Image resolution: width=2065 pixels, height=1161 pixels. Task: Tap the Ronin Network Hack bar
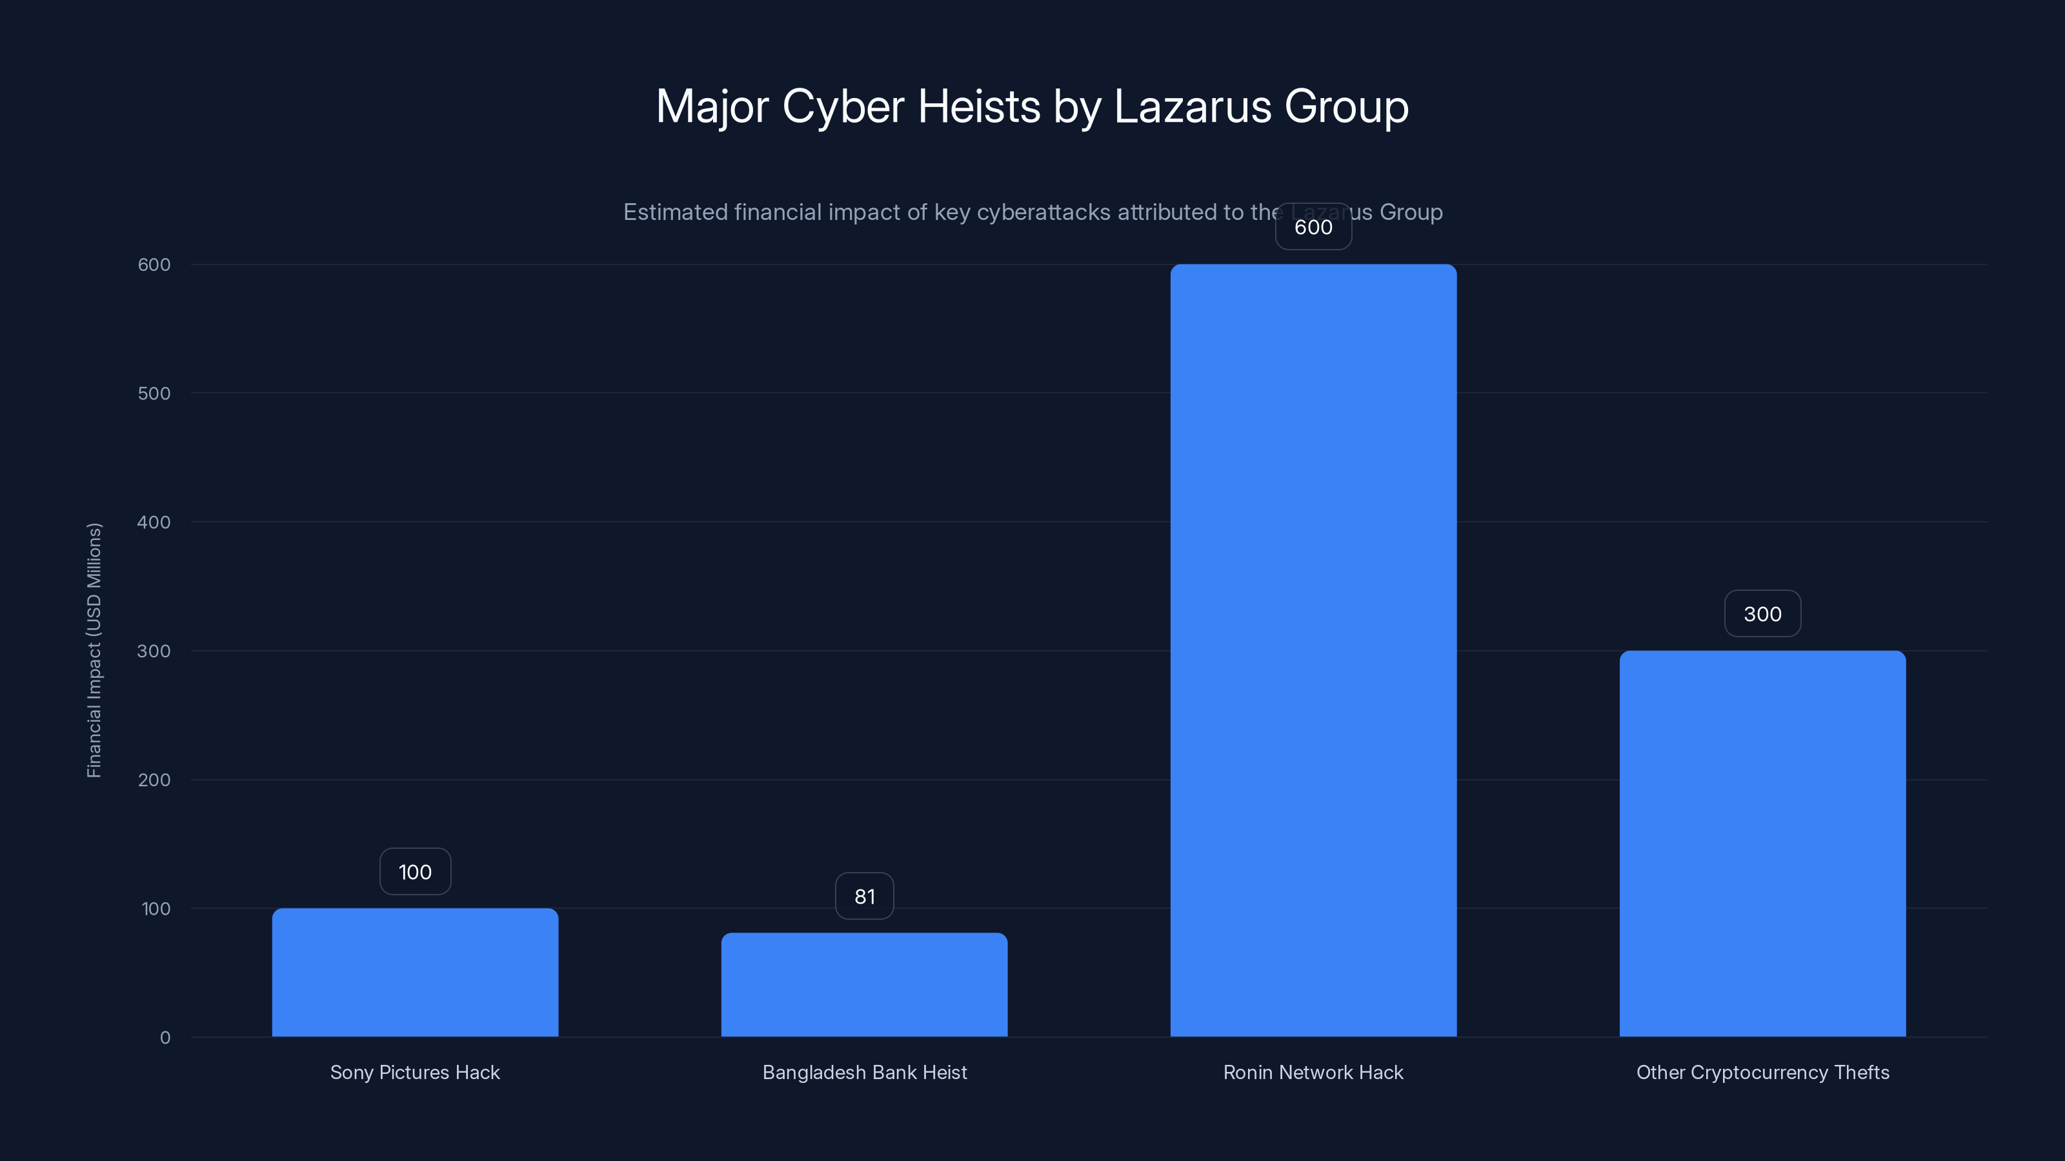pyautogui.click(x=1313, y=650)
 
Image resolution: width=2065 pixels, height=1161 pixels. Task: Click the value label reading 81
pyautogui.click(x=864, y=896)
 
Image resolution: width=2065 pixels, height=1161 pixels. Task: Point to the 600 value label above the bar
pyautogui.click(x=1313, y=227)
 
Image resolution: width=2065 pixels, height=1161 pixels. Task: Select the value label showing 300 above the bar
pyautogui.click(x=1762, y=614)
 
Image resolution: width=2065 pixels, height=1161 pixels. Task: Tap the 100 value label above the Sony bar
pyautogui.click(x=414, y=872)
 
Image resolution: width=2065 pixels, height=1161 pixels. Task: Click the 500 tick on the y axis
pyautogui.click(x=154, y=393)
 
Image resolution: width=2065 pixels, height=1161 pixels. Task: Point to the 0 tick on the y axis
pyautogui.click(x=165, y=1038)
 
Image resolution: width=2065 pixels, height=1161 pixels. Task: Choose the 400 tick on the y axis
pyautogui.click(x=154, y=522)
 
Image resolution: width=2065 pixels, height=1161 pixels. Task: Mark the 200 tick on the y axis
pyautogui.click(x=154, y=780)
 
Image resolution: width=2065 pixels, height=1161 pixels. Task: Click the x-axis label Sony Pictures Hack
pyautogui.click(x=414, y=1072)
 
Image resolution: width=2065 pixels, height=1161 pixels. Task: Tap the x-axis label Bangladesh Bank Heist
pyautogui.click(x=864, y=1072)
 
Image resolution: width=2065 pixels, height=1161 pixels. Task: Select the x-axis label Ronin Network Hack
pyautogui.click(x=1313, y=1072)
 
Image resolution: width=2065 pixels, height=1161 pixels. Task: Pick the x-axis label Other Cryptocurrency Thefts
pyautogui.click(x=1762, y=1072)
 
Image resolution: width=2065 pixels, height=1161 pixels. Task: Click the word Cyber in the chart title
pyautogui.click(x=843, y=106)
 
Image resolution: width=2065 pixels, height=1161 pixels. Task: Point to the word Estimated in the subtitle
pyautogui.click(x=675, y=212)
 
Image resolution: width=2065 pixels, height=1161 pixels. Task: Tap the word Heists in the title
pyautogui.click(x=979, y=106)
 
